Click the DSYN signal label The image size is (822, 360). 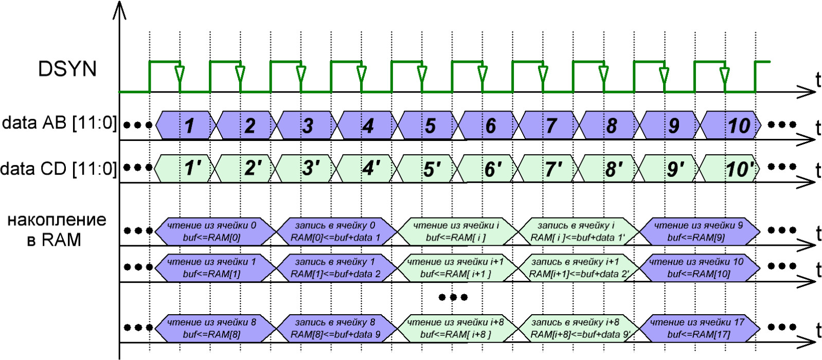[x=67, y=69]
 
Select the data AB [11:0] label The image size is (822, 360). [x=59, y=123]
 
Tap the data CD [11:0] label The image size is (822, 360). [x=59, y=168]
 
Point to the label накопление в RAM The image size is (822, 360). [x=56, y=229]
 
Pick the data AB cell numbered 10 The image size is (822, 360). [x=731, y=125]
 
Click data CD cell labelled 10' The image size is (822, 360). [x=731, y=168]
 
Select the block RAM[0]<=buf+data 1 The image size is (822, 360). [x=335, y=231]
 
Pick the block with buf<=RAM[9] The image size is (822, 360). [x=699, y=231]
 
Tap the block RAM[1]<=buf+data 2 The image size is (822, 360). [x=335, y=268]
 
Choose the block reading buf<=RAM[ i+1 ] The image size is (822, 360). [x=456, y=268]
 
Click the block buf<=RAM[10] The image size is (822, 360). [x=699, y=268]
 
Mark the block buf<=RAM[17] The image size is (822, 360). [x=699, y=329]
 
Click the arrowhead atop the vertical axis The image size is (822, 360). [x=119, y=10]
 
